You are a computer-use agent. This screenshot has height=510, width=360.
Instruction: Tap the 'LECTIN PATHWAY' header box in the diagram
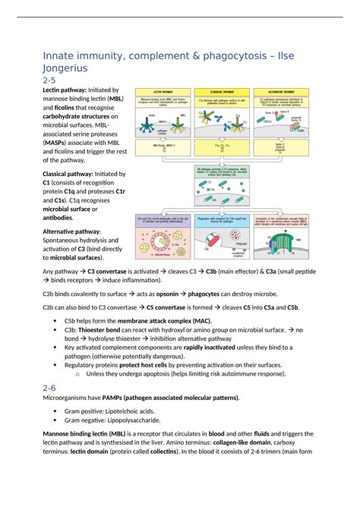click(163, 90)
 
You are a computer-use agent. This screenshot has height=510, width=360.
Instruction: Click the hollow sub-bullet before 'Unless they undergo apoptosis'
click(78, 373)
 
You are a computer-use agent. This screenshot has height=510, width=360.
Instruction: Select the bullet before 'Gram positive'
click(58, 411)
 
